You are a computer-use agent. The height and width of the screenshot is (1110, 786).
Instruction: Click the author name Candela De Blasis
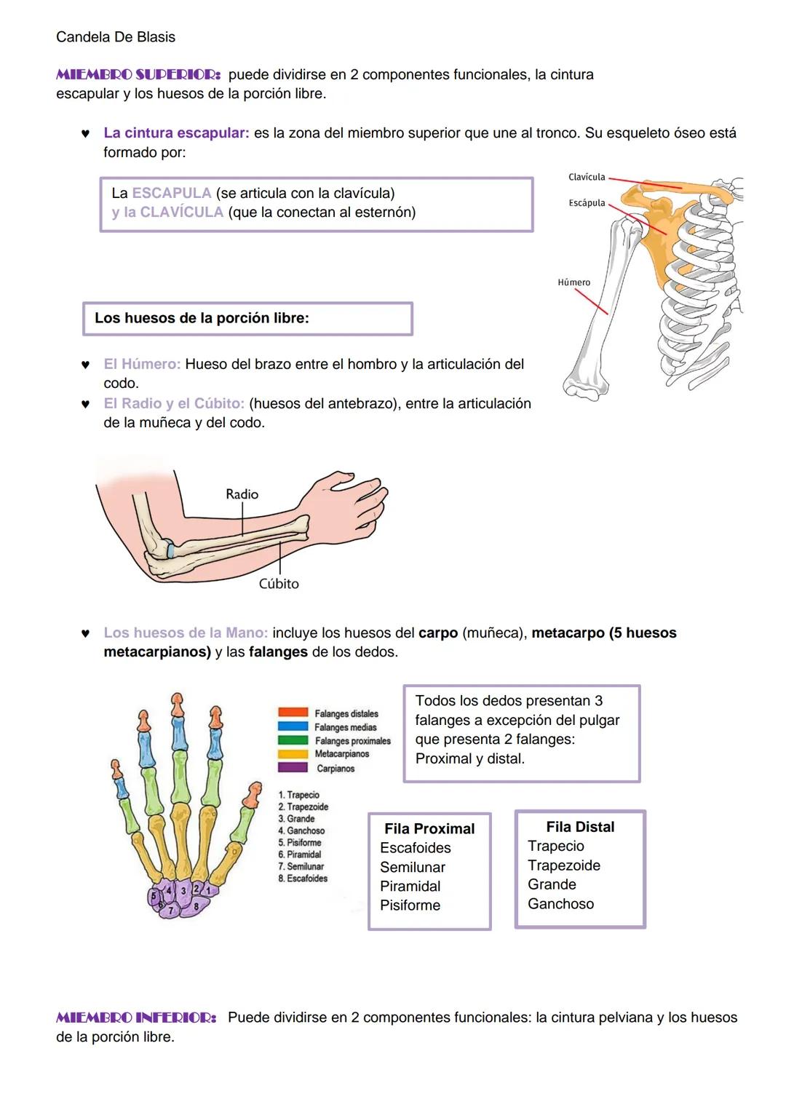[x=115, y=37]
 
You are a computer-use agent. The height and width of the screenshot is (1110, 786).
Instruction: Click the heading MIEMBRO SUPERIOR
[x=138, y=75]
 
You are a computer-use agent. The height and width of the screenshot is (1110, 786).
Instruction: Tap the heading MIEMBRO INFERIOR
[x=136, y=1018]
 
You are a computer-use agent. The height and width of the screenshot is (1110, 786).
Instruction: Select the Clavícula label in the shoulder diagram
[x=587, y=178]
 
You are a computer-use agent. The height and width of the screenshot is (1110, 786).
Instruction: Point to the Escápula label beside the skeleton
[x=587, y=203]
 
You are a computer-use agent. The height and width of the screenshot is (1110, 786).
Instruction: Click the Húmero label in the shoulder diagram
[x=573, y=282]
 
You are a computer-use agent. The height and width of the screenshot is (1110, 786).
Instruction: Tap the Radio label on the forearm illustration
[x=242, y=494]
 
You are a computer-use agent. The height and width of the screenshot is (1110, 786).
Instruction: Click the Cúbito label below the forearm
[x=279, y=584]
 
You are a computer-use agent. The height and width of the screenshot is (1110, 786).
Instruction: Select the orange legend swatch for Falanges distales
[x=293, y=713]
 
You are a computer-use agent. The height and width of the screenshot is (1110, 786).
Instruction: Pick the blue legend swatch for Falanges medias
[x=293, y=726]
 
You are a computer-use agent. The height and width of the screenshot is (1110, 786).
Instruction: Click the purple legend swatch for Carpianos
[x=293, y=768]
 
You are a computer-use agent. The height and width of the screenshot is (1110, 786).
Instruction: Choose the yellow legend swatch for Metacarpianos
[x=293, y=754]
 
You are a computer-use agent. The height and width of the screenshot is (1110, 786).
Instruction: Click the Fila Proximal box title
[x=429, y=829]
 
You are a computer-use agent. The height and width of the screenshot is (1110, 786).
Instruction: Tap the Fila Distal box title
[x=580, y=827]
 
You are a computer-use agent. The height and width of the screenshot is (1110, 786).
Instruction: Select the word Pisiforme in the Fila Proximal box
[x=410, y=905]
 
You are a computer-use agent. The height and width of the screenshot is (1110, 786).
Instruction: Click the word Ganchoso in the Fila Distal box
[x=560, y=904]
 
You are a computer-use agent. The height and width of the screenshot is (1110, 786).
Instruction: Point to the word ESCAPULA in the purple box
[x=172, y=194]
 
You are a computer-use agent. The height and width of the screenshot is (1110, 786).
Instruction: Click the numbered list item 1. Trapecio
[x=298, y=795]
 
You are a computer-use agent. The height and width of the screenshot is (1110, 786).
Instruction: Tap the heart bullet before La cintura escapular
[x=85, y=134]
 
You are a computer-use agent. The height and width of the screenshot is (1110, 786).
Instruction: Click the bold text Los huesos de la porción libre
[x=202, y=318]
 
